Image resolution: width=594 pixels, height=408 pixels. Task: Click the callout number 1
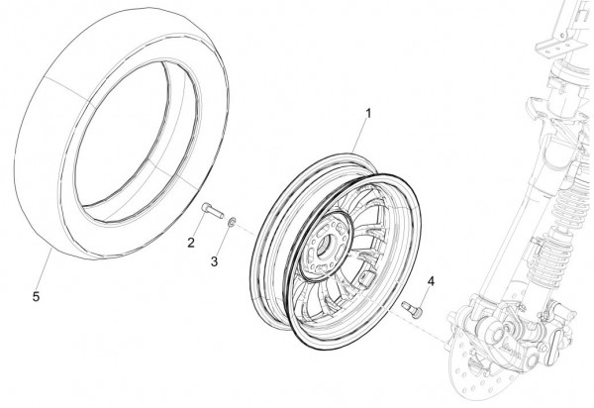pyautogui.click(x=368, y=113)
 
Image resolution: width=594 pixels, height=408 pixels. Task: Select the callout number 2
pyautogui.click(x=191, y=243)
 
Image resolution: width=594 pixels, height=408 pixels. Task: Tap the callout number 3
pyautogui.click(x=214, y=261)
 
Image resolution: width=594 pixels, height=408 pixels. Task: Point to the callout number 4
pyautogui.click(x=431, y=282)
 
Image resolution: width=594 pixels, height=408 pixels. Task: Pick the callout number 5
pyautogui.click(x=36, y=297)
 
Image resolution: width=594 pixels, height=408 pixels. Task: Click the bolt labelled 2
pyautogui.click(x=213, y=210)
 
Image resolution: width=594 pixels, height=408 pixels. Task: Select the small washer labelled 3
pyautogui.click(x=232, y=222)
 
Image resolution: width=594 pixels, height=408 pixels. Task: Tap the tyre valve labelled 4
pyautogui.click(x=412, y=312)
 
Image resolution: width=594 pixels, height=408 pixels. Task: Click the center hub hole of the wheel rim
pyautogui.click(x=326, y=244)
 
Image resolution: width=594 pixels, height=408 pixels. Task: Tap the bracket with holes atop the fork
pyautogui.click(x=556, y=48)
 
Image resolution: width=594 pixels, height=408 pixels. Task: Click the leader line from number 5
pyautogui.click(x=44, y=269)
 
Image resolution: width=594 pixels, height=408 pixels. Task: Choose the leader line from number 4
pyautogui.click(x=425, y=298)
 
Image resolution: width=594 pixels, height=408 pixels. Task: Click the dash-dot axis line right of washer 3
pyautogui.click(x=247, y=229)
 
